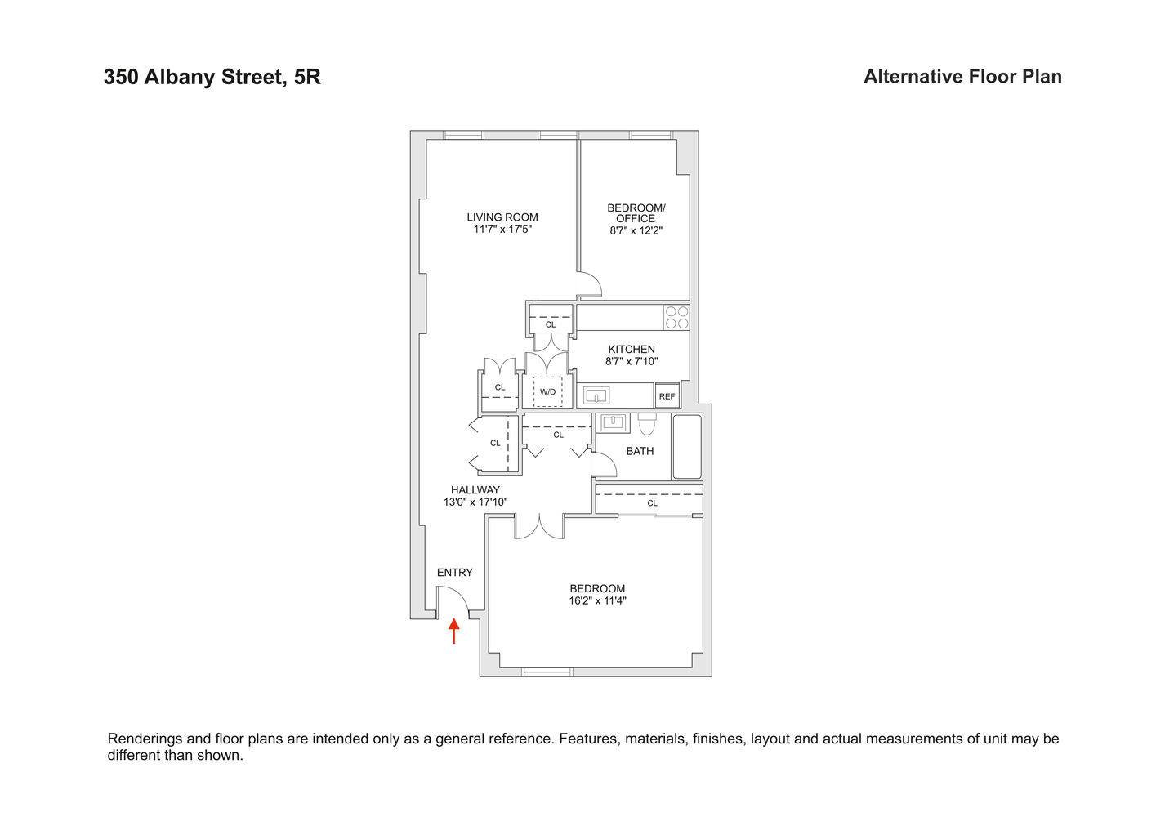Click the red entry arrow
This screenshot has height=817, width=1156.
pos(454,630)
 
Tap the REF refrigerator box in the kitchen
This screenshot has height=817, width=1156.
pos(667,396)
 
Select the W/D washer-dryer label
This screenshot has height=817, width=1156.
pos(547,392)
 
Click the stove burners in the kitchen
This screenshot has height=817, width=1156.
pos(676,317)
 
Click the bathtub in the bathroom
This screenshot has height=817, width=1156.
pos(687,446)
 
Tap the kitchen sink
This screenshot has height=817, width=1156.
pos(596,396)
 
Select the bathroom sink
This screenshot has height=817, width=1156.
pos(613,422)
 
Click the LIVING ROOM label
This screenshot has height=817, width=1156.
pos(502,217)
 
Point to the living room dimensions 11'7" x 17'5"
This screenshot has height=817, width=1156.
pos(502,230)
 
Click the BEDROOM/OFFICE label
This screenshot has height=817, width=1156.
pos(636,213)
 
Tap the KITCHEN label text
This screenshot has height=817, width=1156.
pos(632,349)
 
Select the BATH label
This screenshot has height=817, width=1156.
pos(640,451)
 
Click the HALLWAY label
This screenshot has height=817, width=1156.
pos(475,490)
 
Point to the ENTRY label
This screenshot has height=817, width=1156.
pos(455,573)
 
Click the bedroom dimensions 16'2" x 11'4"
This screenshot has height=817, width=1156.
pos(598,600)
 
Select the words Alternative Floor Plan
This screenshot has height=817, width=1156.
pos(962,77)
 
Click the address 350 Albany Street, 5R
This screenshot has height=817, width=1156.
pos(212,77)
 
